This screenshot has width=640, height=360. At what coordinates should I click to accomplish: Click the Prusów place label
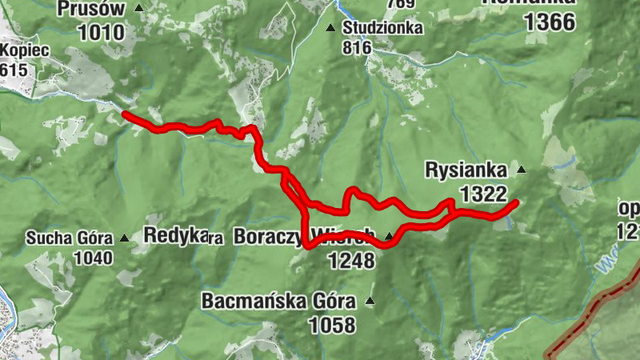coord(92,9)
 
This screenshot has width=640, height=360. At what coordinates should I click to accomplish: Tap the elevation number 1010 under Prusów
coord(102,33)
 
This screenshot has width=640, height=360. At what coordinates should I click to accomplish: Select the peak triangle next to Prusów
coord(140,8)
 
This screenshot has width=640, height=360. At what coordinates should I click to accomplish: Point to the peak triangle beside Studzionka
coord(330,28)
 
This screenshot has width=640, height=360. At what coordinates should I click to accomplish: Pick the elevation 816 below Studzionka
coord(357,47)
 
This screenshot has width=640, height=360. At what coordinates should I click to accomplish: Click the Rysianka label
coord(466,170)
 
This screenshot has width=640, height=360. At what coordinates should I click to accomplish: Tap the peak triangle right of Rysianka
coord(522,170)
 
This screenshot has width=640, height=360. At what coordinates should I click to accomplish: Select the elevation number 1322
coord(484,193)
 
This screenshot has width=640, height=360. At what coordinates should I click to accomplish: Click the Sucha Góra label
coord(71,238)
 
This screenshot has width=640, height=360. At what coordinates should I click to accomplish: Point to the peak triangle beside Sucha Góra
coord(125,238)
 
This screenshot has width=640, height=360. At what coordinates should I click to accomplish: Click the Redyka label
coord(170,235)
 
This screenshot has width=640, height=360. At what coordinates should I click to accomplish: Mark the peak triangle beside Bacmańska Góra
coord(370,302)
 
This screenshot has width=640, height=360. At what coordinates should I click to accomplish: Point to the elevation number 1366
coord(550,22)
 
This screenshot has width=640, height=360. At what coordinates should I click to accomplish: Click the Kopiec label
coord(25,50)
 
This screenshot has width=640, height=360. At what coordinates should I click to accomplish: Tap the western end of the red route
coord(125,114)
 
